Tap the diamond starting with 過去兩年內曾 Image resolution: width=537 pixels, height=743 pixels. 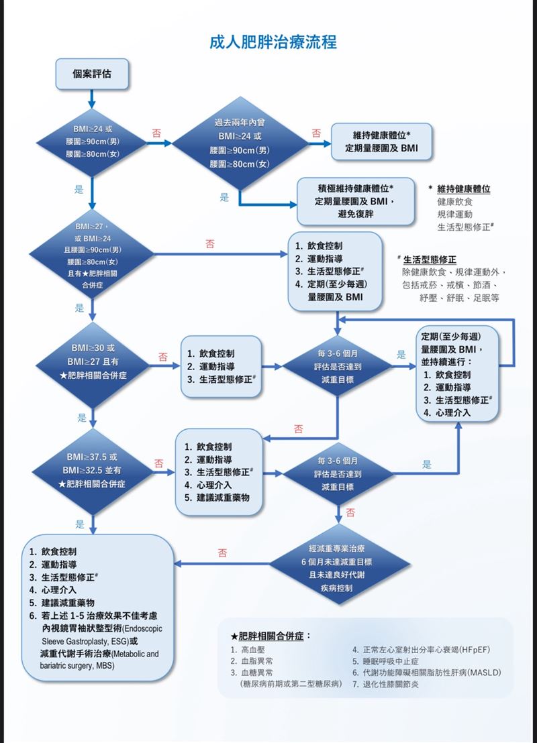click(240, 144)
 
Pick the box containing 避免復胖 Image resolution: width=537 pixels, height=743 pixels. click(356, 201)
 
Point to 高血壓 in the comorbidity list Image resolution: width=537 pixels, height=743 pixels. click(251, 650)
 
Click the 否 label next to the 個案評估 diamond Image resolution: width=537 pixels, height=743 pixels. click(156, 133)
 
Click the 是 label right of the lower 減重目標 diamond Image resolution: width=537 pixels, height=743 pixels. click(426, 464)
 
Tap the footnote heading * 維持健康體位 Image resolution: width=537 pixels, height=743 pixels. click(463, 189)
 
